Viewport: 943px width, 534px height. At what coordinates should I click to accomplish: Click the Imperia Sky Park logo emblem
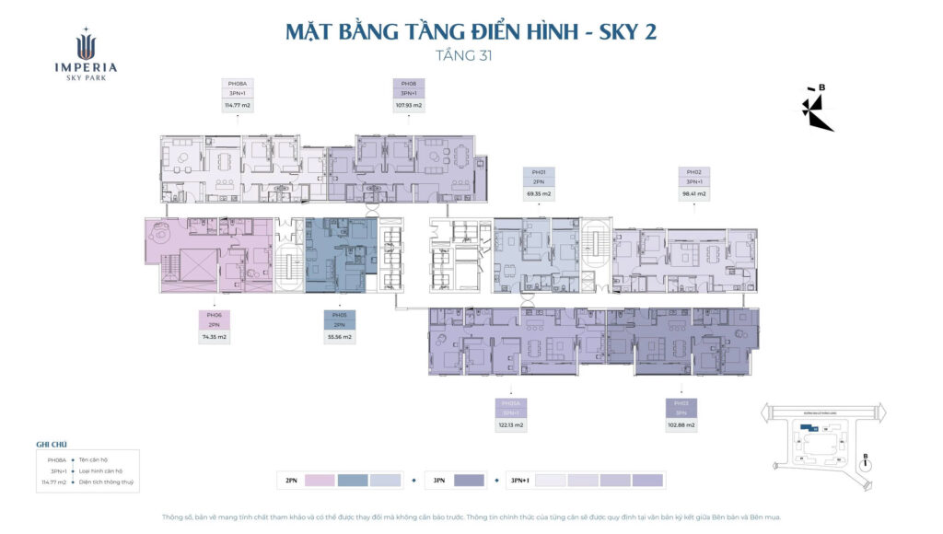[x=85, y=43]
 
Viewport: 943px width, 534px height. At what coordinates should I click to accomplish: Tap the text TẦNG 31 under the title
[x=471, y=54]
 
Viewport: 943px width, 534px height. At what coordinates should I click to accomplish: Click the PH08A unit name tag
[x=238, y=84]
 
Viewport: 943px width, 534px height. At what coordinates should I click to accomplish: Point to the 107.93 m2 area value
[x=408, y=106]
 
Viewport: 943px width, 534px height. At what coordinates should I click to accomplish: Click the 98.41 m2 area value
[x=694, y=194]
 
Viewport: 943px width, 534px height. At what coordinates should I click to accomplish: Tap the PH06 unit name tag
[x=214, y=315]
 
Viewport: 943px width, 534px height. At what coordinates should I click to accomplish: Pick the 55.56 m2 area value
[x=339, y=337]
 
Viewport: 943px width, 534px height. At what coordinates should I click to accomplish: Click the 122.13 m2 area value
[x=512, y=425]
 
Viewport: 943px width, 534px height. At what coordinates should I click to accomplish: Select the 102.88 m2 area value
[x=681, y=425]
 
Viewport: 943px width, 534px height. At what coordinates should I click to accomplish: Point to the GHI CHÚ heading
[x=52, y=444]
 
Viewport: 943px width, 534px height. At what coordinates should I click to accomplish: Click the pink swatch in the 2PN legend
[x=319, y=480]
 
